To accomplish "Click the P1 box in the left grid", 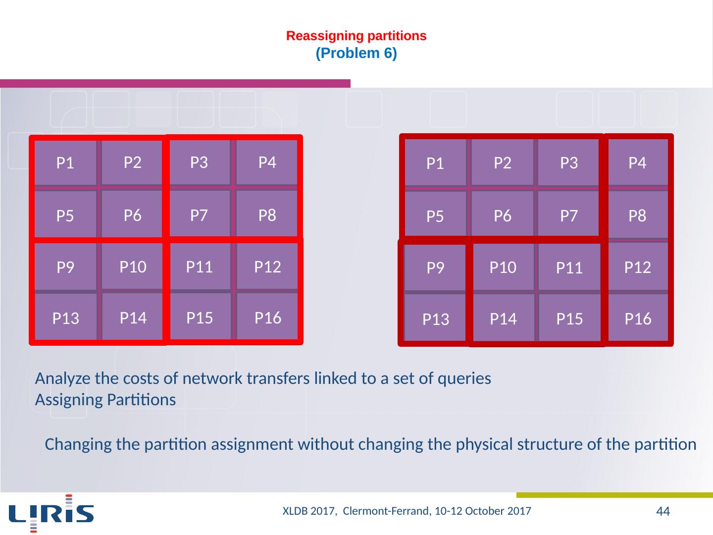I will [65, 163].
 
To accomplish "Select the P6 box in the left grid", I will [132, 215].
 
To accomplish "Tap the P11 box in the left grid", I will [199, 267].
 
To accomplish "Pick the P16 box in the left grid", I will [267, 318].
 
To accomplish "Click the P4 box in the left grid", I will [267, 162].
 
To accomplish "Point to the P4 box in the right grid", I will [637, 163].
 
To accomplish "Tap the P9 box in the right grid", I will [435, 268].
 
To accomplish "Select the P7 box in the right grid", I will [569, 215].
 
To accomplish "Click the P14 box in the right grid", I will [503, 319].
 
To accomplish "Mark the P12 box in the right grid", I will [637, 267].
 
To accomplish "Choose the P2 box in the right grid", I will [503, 163].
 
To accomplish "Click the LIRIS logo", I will [51, 513].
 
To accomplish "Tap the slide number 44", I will [663, 511].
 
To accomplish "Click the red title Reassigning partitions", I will [356, 36].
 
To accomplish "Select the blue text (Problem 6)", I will [356, 53].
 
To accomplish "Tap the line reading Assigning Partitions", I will [105, 400].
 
